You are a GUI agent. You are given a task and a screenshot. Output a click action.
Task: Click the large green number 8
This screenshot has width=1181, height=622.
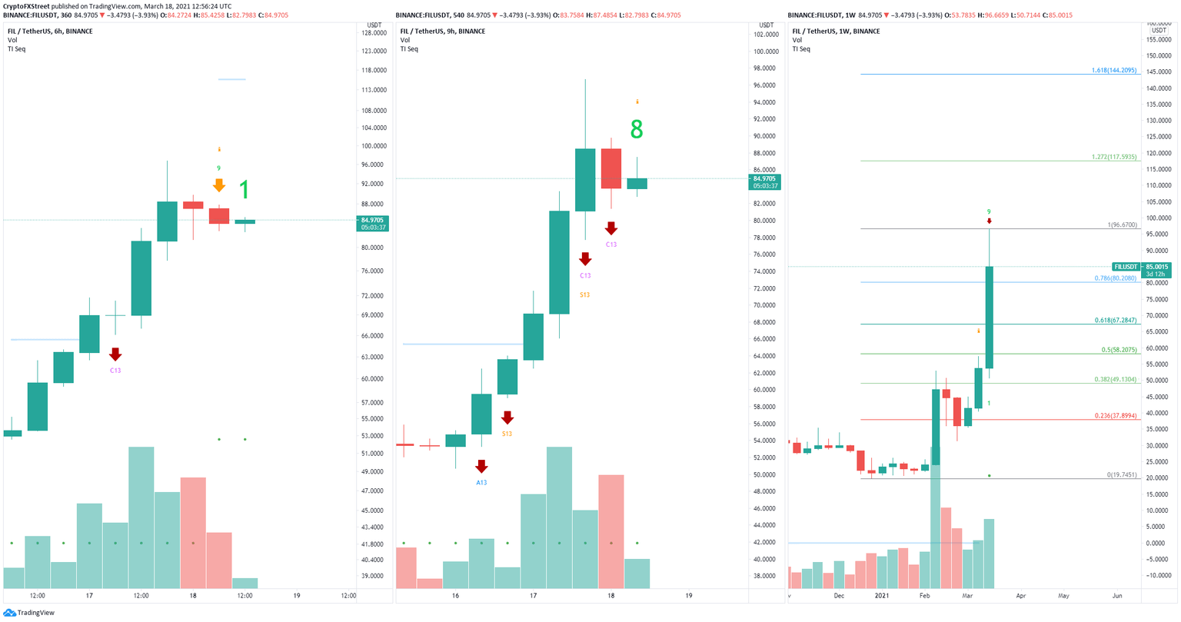tap(636, 130)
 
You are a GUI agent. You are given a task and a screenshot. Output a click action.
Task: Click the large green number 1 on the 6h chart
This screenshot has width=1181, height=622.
tap(244, 190)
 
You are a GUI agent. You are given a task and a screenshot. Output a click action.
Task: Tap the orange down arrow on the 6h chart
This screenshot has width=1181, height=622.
tap(219, 185)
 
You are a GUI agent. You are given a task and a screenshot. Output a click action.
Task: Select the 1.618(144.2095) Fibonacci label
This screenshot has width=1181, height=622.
tap(1113, 70)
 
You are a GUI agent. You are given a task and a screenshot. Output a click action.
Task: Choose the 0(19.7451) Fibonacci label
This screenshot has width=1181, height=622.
tap(1121, 474)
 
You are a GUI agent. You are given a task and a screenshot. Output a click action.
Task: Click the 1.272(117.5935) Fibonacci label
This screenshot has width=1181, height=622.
tap(1113, 157)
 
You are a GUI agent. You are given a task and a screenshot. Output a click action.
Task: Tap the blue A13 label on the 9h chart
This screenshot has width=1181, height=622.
tap(481, 482)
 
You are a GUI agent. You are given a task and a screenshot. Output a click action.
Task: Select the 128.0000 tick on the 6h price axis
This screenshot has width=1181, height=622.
tap(373, 32)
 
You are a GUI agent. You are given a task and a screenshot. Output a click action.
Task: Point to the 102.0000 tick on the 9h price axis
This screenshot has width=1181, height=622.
tap(766, 35)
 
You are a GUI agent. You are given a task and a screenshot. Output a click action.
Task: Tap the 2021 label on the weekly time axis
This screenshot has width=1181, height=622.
tap(882, 596)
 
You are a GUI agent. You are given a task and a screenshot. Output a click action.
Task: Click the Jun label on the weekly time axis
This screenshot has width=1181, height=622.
tap(1116, 596)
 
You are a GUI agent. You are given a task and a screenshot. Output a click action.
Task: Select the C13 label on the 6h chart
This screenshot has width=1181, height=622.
tap(115, 371)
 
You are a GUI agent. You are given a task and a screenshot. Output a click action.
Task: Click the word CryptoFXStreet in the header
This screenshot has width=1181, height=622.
tap(27, 5)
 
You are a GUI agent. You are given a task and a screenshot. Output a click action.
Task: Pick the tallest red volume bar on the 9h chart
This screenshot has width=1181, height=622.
tap(610, 531)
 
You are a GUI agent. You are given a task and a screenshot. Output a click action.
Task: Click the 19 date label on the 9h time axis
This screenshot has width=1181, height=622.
tap(688, 596)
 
